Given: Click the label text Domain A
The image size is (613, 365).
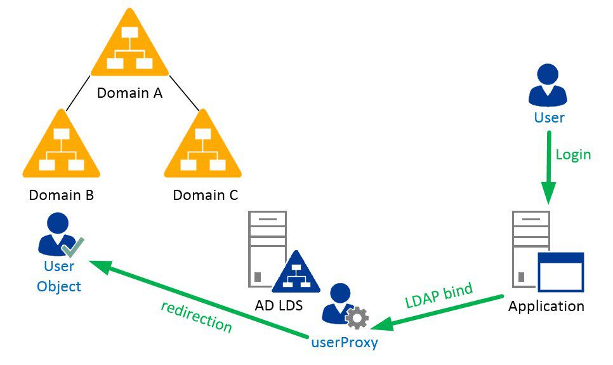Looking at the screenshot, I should coord(129,93).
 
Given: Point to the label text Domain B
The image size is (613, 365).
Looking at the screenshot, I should coord(62,195).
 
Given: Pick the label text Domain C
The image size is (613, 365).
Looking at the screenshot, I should coord(206,195).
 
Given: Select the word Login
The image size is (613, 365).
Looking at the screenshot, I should coord(573,154).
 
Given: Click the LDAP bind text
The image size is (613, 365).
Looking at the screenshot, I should coord(439,296).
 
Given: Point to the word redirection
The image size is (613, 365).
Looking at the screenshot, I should coord(196,315).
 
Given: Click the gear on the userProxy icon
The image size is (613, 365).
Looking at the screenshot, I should coord(357,317).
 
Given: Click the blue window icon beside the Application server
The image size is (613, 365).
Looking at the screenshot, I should coord(560,272).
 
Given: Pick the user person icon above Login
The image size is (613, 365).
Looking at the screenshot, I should coord(548,86).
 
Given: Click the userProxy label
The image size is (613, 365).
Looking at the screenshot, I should coord(344,343).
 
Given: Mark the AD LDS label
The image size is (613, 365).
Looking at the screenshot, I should coord(279,305).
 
